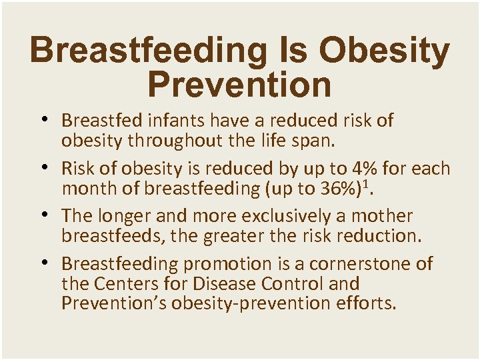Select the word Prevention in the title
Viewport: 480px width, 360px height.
point(239,85)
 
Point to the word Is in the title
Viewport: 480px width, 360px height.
point(300,52)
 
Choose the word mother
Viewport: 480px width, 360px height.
point(381,216)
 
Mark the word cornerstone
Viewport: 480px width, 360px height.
point(356,264)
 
